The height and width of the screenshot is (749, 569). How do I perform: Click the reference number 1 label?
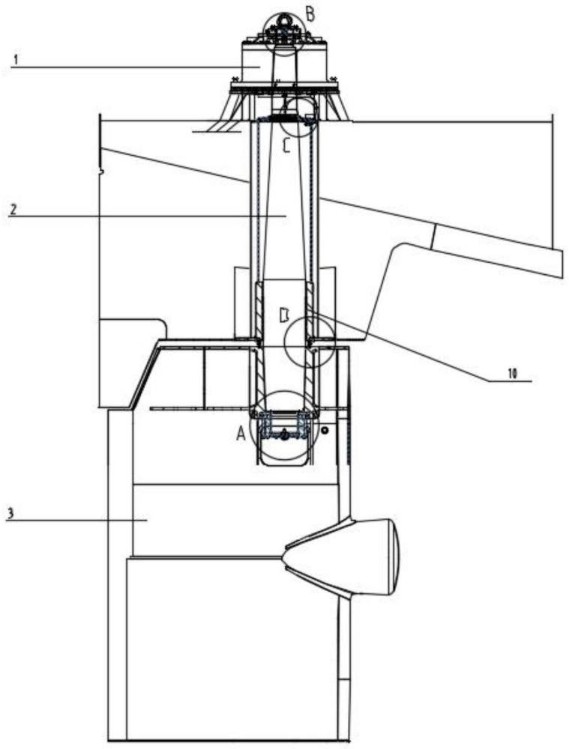point(16,60)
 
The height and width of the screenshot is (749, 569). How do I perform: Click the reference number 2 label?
point(13,209)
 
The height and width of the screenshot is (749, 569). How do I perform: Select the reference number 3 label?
point(10,514)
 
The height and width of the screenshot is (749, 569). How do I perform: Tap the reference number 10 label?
point(512,374)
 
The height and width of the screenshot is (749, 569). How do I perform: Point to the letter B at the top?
point(310,14)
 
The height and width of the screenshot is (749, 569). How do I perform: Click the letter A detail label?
point(241,433)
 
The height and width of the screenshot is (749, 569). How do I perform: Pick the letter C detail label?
point(286,145)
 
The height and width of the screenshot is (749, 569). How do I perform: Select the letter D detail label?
point(284,315)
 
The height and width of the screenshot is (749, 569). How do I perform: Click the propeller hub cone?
point(343,556)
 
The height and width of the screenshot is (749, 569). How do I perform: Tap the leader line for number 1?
point(136,67)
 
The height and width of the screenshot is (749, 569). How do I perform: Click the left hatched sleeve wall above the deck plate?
point(258,311)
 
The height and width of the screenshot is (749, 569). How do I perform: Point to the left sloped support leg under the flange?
point(228,106)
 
